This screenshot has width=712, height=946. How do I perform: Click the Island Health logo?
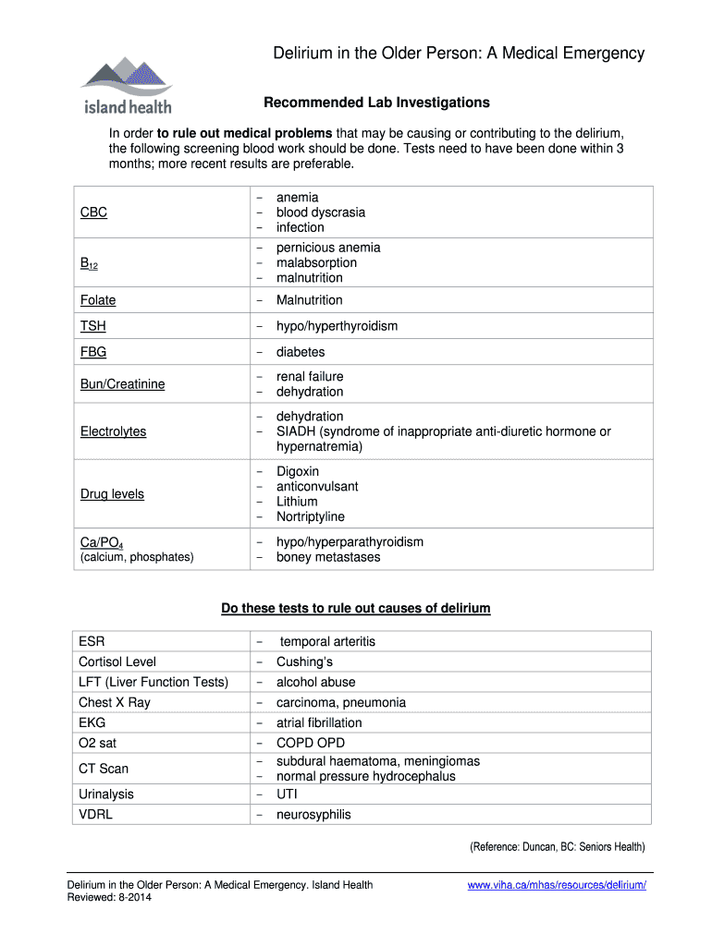click(124, 84)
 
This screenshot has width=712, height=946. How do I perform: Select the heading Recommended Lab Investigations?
click(376, 103)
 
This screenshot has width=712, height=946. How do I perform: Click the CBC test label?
click(93, 212)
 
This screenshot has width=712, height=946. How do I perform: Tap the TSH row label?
click(92, 326)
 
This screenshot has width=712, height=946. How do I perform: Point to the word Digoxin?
click(297, 472)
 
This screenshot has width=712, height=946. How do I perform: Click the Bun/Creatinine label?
click(122, 384)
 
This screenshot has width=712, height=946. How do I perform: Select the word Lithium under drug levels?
click(296, 502)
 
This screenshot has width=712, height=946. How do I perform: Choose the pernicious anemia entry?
click(327, 248)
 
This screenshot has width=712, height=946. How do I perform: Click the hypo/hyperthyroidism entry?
click(337, 326)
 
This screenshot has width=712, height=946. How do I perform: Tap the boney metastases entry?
click(327, 557)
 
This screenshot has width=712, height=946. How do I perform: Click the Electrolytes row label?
click(113, 431)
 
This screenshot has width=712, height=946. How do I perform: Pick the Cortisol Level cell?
click(117, 661)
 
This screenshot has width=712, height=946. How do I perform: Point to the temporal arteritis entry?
click(327, 641)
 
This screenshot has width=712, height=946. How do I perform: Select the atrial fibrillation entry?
click(319, 722)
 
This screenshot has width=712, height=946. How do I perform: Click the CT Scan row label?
click(104, 769)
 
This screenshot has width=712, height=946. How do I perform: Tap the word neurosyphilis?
click(313, 815)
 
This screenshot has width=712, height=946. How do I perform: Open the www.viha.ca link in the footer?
click(557, 885)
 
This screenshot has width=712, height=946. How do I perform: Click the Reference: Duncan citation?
click(557, 847)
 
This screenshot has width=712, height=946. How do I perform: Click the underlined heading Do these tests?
click(355, 609)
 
